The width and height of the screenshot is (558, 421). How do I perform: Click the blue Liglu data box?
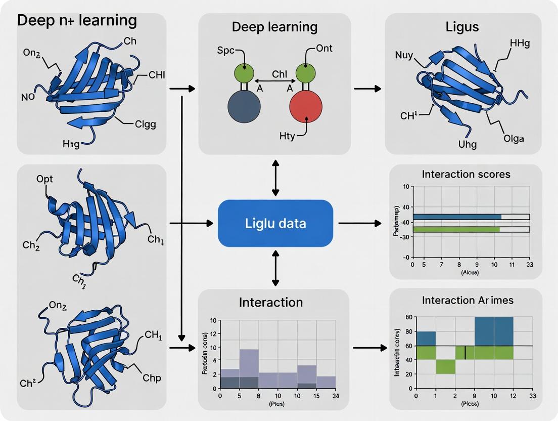point(275,223)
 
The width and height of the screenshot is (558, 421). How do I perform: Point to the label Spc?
point(226,52)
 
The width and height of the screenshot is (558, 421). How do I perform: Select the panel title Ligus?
point(462,27)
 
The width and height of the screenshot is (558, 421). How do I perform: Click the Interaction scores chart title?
point(466,174)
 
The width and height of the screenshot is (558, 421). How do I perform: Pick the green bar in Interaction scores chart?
point(456,229)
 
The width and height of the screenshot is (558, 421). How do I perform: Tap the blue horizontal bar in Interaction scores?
point(457,217)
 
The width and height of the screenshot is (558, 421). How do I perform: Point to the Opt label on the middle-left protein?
point(44,179)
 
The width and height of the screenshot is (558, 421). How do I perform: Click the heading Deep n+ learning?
point(77,20)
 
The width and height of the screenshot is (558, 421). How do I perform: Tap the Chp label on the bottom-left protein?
point(152,378)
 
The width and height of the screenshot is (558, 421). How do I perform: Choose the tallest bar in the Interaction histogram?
point(249,368)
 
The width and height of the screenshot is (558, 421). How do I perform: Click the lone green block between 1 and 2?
point(445,367)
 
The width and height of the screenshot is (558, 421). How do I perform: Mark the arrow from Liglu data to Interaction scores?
point(359,223)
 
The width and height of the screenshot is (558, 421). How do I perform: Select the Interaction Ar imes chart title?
point(468,300)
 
